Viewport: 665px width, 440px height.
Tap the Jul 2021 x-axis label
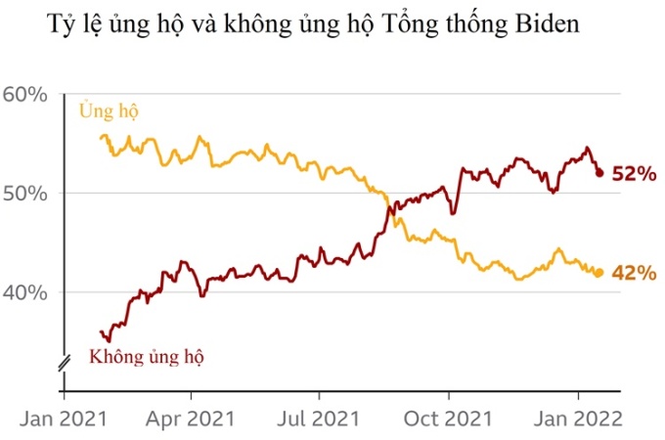(x=321, y=418)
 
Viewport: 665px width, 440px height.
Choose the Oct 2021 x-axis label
(x=449, y=418)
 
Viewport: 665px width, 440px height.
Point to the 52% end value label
(x=633, y=174)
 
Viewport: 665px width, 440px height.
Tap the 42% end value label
(x=633, y=273)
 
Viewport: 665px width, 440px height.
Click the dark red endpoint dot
(x=599, y=173)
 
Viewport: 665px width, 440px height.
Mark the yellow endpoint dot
(x=598, y=273)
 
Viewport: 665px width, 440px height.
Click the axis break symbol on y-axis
(x=65, y=363)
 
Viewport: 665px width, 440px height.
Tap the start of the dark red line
(x=102, y=332)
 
